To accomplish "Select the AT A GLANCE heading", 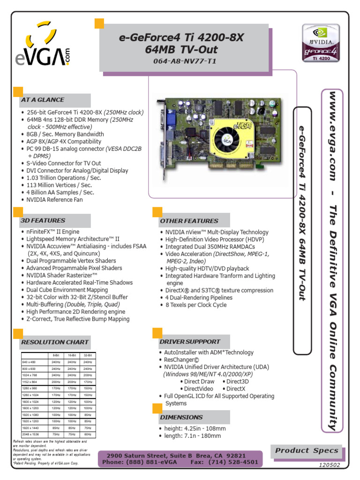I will point(42,100).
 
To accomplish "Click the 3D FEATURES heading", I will point(43,220).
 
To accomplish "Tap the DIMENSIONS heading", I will point(181,417).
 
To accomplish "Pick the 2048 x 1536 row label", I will point(31,435).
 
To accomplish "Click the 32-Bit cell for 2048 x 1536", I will point(87,435).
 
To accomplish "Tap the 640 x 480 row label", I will point(29,362).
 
